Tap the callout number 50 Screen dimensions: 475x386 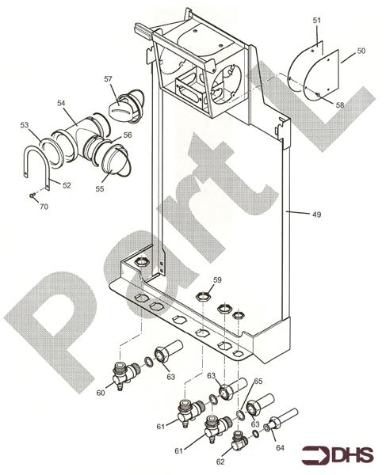pos(361,51)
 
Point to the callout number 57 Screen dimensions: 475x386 pos(108,78)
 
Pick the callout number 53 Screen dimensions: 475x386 pos(25,125)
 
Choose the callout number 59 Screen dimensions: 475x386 pos(217,279)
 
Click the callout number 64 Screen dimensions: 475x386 pos(279,447)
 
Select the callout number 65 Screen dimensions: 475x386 pos(257,382)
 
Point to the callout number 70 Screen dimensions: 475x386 pos(44,206)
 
